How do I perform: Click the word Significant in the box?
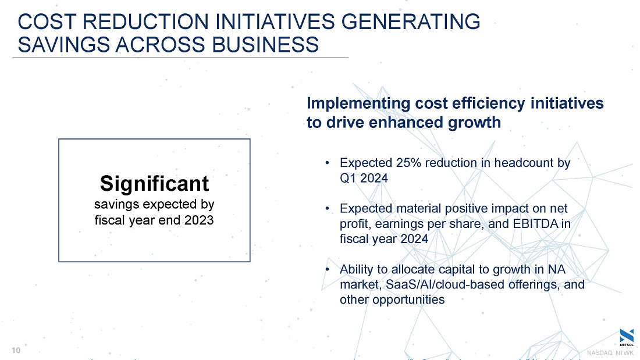154,183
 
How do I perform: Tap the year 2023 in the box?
199,220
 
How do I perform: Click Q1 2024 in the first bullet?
364,178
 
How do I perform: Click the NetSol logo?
627,337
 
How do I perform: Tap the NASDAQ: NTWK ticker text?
610,352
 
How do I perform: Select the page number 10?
16,350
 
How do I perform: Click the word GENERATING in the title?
411,22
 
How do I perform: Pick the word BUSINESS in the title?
265,44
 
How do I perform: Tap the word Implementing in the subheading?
358,104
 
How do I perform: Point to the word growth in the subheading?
474,123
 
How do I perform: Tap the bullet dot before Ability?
328,269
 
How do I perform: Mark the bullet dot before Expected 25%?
328,163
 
